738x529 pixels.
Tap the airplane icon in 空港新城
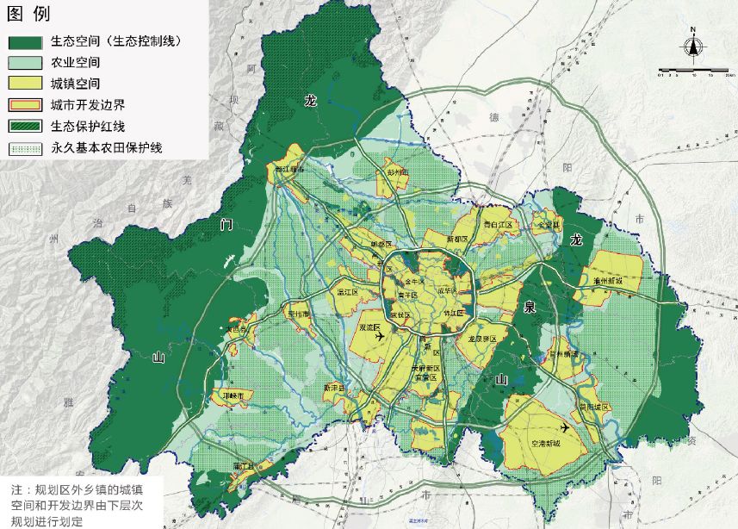click(565, 427)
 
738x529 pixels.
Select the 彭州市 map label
click(397, 173)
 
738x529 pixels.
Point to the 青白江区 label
click(497, 224)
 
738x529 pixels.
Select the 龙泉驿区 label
click(482, 339)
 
